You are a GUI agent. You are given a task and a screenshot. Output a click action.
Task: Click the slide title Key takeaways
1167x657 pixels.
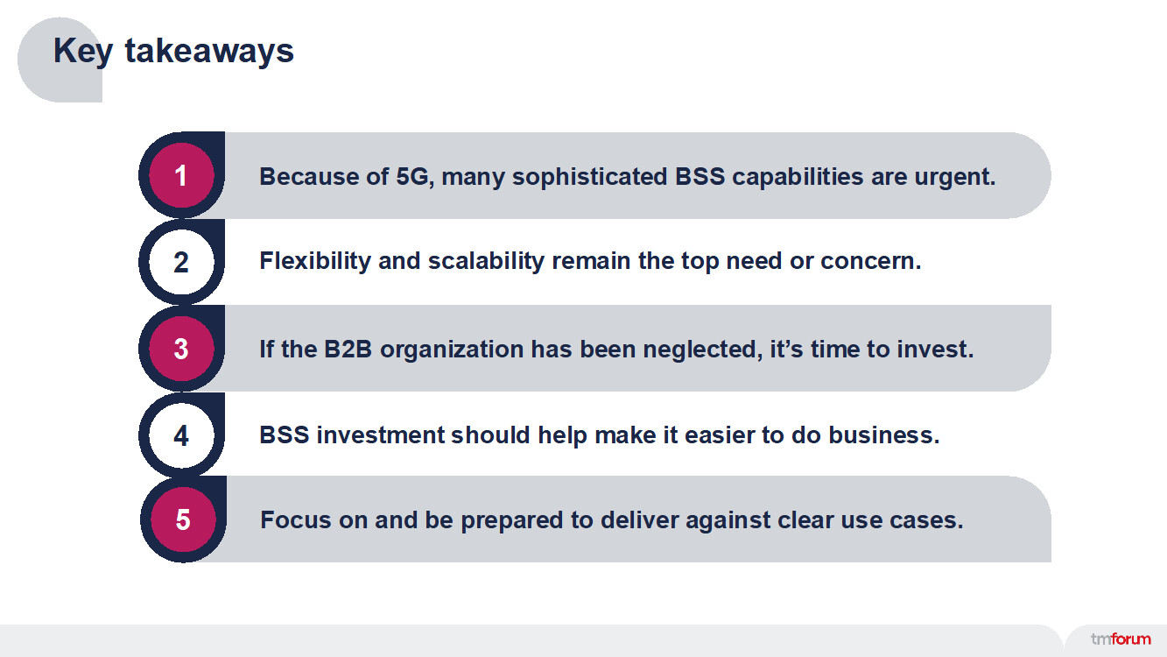(x=173, y=51)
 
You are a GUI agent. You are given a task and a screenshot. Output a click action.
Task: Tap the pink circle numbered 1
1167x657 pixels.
(x=181, y=176)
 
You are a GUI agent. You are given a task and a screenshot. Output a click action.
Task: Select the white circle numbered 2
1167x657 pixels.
(x=181, y=262)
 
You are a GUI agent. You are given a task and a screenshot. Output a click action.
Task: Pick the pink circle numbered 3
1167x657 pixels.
(x=181, y=349)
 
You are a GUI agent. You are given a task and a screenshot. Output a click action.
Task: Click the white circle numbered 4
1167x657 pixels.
(x=181, y=435)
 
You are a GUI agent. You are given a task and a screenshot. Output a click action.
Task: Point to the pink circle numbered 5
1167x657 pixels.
(x=182, y=519)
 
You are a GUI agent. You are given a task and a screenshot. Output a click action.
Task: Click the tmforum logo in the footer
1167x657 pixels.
(x=1121, y=639)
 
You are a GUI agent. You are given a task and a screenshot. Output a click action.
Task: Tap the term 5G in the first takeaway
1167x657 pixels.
(x=414, y=177)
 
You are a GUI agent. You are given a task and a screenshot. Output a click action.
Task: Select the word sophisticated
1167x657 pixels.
(x=590, y=177)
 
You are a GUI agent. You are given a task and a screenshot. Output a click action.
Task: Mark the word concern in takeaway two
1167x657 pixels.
(x=870, y=261)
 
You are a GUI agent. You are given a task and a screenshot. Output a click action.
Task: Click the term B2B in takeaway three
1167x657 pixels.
(x=348, y=349)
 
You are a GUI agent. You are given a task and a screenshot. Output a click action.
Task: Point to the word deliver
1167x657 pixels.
(x=639, y=519)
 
